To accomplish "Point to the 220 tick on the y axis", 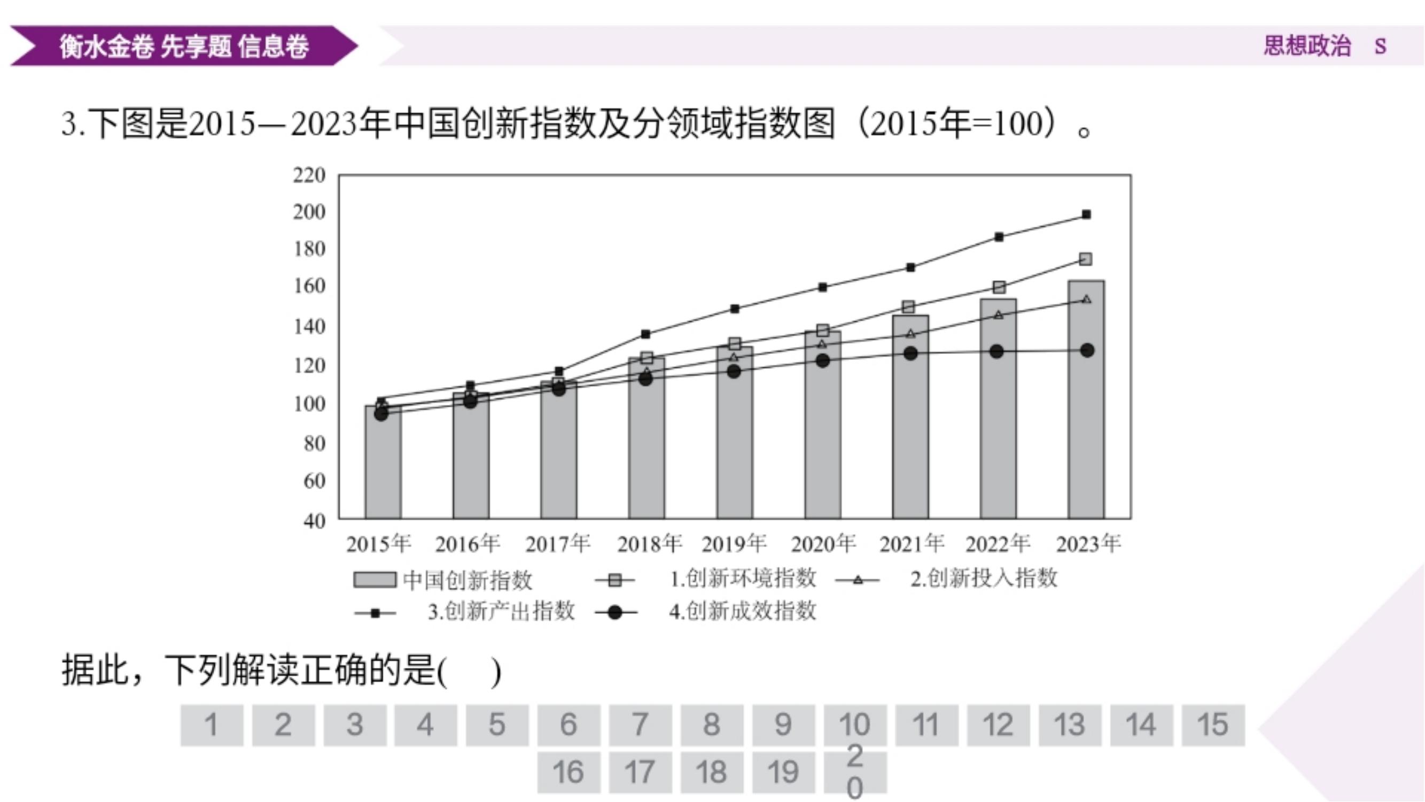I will [309, 175].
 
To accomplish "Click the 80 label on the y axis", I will [314, 443].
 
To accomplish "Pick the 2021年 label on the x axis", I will [912, 544].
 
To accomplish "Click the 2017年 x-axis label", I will [558, 544].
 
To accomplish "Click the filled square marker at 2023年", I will [1086, 215].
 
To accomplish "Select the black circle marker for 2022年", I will [996, 351].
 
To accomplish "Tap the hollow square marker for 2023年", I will [1085, 259].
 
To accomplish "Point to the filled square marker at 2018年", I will [645, 334].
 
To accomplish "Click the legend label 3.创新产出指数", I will [501, 612].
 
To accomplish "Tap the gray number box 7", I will [640, 725].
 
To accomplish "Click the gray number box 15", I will [1212, 725].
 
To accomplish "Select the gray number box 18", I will [711, 772].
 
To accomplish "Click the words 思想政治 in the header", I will [1306, 46].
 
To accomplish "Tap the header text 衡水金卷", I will [106, 46].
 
